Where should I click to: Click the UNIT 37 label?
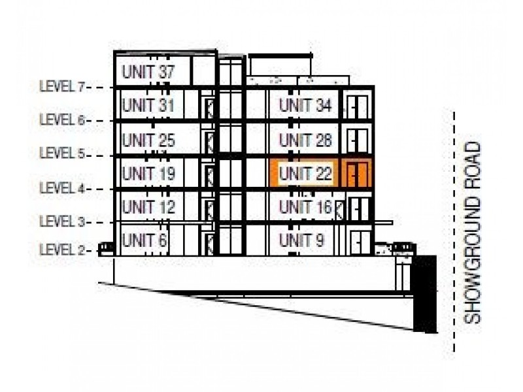click(x=148, y=72)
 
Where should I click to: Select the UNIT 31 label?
click(x=148, y=105)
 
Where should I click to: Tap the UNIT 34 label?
click(x=305, y=105)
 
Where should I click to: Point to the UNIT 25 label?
click(x=148, y=140)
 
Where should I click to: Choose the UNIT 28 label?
click(x=305, y=140)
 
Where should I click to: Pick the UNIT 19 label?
click(x=148, y=174)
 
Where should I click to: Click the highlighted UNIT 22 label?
click(x=305, y=174)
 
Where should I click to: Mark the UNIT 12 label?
click(x=148, y=208)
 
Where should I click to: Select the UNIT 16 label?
click(x=305, y=208)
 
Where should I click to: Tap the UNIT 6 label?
click(x=144, y=240)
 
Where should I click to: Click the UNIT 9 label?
click(x=301, y=240)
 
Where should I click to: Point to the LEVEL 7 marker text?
click(x=63, y=86)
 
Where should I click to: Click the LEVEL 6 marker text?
click(x=63, y=120)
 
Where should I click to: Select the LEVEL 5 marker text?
click(x=63, y=154)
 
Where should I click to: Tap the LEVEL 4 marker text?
click(x=63, y=188)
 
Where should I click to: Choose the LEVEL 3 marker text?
click(x=63, y=222)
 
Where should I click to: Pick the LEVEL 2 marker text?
click(x=63, y=250)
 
